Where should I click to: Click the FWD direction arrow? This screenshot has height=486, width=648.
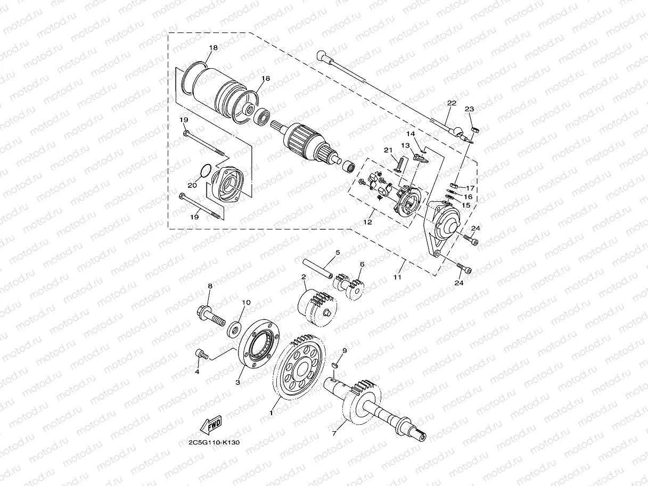click(211, 425)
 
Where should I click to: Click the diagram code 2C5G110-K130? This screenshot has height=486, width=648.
click(214, 443)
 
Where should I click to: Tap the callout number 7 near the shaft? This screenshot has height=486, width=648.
click(334, 433)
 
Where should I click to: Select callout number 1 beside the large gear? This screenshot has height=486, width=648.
click(272, 413)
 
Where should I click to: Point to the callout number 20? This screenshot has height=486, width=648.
click(192, 185)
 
